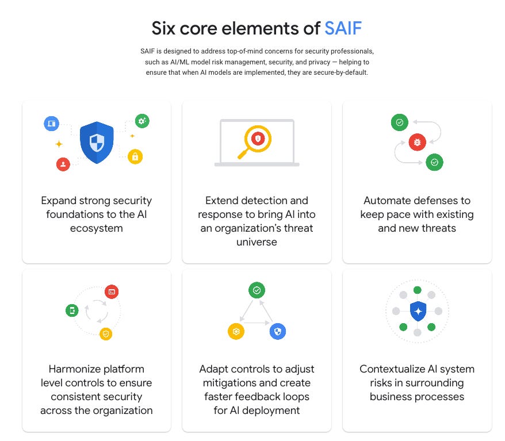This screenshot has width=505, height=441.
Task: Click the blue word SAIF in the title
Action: [x=343, y=28]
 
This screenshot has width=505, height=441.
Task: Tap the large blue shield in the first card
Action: [x=97, y=142]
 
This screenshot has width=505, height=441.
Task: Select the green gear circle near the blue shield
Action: [x=142, y=121]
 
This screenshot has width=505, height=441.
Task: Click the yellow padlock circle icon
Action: [x=135, y=156]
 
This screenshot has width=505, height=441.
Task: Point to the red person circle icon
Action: [x=63, y=164]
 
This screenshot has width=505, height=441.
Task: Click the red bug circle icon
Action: [x=417, y=142]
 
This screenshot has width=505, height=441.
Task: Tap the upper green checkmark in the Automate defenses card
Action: [x=399, y=122]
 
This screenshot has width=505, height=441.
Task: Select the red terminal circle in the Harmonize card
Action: [x=112, y=292]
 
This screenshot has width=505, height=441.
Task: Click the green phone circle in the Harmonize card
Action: [x=72, y=311]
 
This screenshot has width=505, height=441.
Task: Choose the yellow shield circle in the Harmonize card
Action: [x=105, y=333]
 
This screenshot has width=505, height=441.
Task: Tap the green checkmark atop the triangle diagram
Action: [x=257, y=290]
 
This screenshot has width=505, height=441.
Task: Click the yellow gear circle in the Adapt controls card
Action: [x=236, y=331]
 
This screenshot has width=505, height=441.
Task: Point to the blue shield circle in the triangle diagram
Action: [x=278, y=331]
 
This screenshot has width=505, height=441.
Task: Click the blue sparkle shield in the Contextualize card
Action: [x=418, y=312]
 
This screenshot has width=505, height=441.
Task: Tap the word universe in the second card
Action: [x=257, y=242]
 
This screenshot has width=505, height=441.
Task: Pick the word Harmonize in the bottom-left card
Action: [x=74, y=369]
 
